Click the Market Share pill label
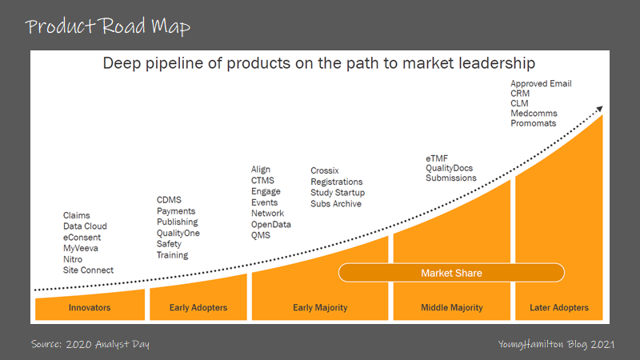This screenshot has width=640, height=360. pos(452,274)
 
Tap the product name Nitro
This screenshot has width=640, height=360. pos(74,259)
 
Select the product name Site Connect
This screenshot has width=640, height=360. pos(88,270)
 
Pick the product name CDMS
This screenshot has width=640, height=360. pos(170,200)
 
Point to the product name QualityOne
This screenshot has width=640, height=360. pos(178,234)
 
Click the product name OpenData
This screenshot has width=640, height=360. pos(271,225)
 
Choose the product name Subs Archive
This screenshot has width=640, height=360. pos(336,204)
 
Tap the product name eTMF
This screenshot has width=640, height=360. pos(437,158)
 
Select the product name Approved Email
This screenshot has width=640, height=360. pos(541,84)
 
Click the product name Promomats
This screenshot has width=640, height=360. pos(534,124)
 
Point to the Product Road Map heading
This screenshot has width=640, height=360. pos(107,27)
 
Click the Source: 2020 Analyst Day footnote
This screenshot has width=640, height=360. pos(90,344)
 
